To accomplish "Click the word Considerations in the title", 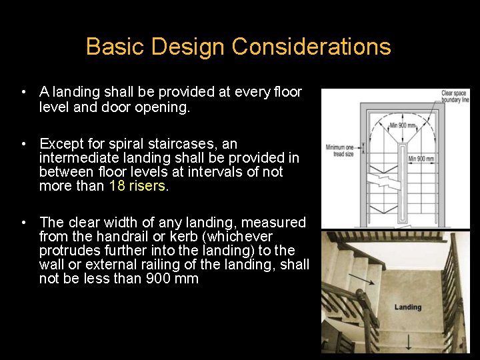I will click(x=311, y=47).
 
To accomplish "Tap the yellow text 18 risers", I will click(x=138, y=186).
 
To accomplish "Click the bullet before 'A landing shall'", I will click(x=23, y=92).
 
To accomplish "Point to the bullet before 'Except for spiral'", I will click(x=23, y=144).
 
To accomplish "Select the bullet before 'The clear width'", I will click(x=23, y=223).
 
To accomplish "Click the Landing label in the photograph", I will click(x=407, y=307).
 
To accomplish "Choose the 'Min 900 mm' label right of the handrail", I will click(x=421, y=159).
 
